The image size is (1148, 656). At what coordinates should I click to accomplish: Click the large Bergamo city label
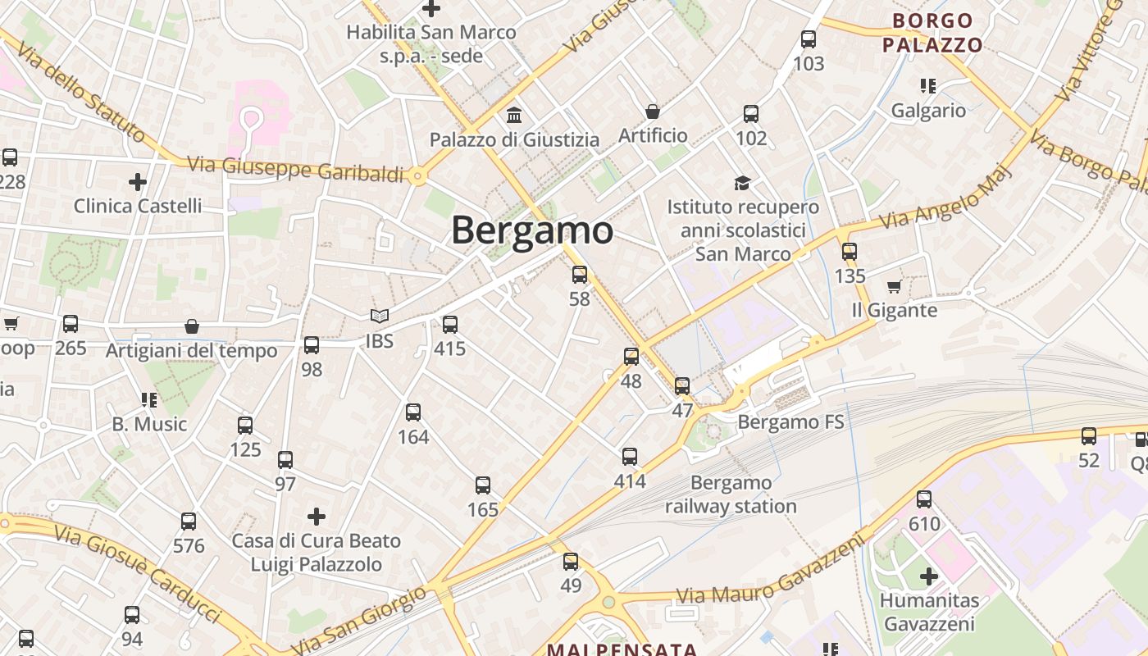coord(532,230)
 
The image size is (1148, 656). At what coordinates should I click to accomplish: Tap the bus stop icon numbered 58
coord(580,275)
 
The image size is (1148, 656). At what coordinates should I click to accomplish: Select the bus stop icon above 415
coord(449,325)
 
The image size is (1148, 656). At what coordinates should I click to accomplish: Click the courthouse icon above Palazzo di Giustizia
coord(514,114)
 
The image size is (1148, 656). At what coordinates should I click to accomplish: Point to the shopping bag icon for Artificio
coord(653,111)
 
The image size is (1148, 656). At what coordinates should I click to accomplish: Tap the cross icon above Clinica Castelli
coord(138,181)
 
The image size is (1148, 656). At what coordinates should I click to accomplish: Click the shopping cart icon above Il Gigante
coord(894,286)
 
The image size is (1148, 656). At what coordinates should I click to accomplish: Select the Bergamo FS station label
coord(790,422)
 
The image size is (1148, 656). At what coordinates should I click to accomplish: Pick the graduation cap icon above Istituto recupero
coord(742,183)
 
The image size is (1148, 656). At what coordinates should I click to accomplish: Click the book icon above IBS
coord(379,316)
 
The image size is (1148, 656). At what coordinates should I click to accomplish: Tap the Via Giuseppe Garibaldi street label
coord(296,169)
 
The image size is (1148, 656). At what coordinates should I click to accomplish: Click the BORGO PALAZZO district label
coord(932,33)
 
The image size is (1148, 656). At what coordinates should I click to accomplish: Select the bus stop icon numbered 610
coord(924,499)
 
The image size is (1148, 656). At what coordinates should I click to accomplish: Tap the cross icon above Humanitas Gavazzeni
coord(928,576)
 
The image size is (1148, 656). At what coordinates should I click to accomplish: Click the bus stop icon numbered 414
coord(629,457)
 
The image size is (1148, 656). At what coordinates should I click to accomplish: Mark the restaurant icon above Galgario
coord(928,86)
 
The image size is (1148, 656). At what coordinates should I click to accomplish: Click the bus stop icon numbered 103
coord(809,39)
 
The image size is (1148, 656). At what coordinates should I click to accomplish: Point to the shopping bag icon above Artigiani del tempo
coord(192,326)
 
